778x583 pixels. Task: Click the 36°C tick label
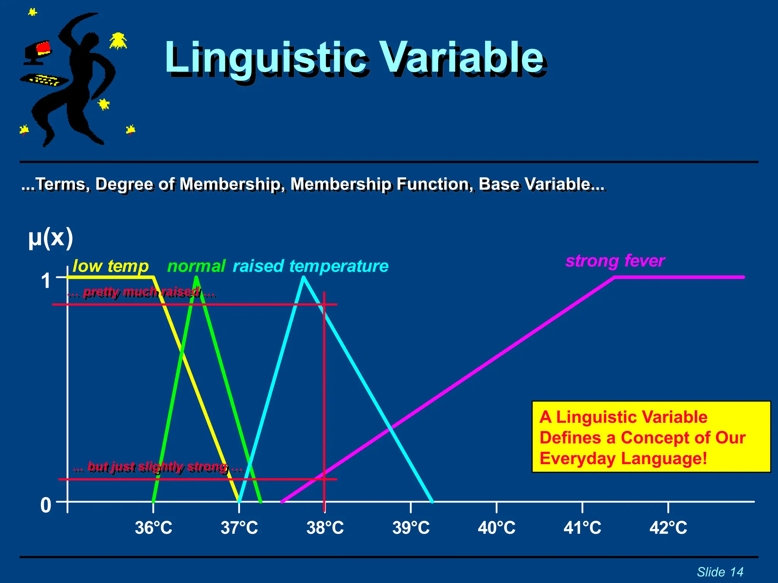point(153,528)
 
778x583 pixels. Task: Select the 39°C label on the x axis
point(411,528)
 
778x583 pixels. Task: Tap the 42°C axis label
point(668,528)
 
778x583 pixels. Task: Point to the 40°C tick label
point(497,528)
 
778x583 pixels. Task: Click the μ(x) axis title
point(51,238)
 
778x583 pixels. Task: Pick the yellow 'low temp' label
point(110,266)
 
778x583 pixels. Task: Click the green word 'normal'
point(196,266)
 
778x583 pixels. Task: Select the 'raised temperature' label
point(310,266)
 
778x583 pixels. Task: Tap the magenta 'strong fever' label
point(615,261)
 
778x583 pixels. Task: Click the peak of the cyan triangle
point(304,278)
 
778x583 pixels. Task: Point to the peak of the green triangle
point(196,278)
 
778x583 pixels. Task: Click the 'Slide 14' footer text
point(720,572)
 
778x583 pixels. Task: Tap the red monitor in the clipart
point(43,47)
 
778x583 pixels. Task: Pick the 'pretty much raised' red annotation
point(141,292)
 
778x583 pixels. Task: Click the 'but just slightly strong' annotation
point(158,466)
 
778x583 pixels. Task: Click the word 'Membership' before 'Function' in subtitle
point(340,184)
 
